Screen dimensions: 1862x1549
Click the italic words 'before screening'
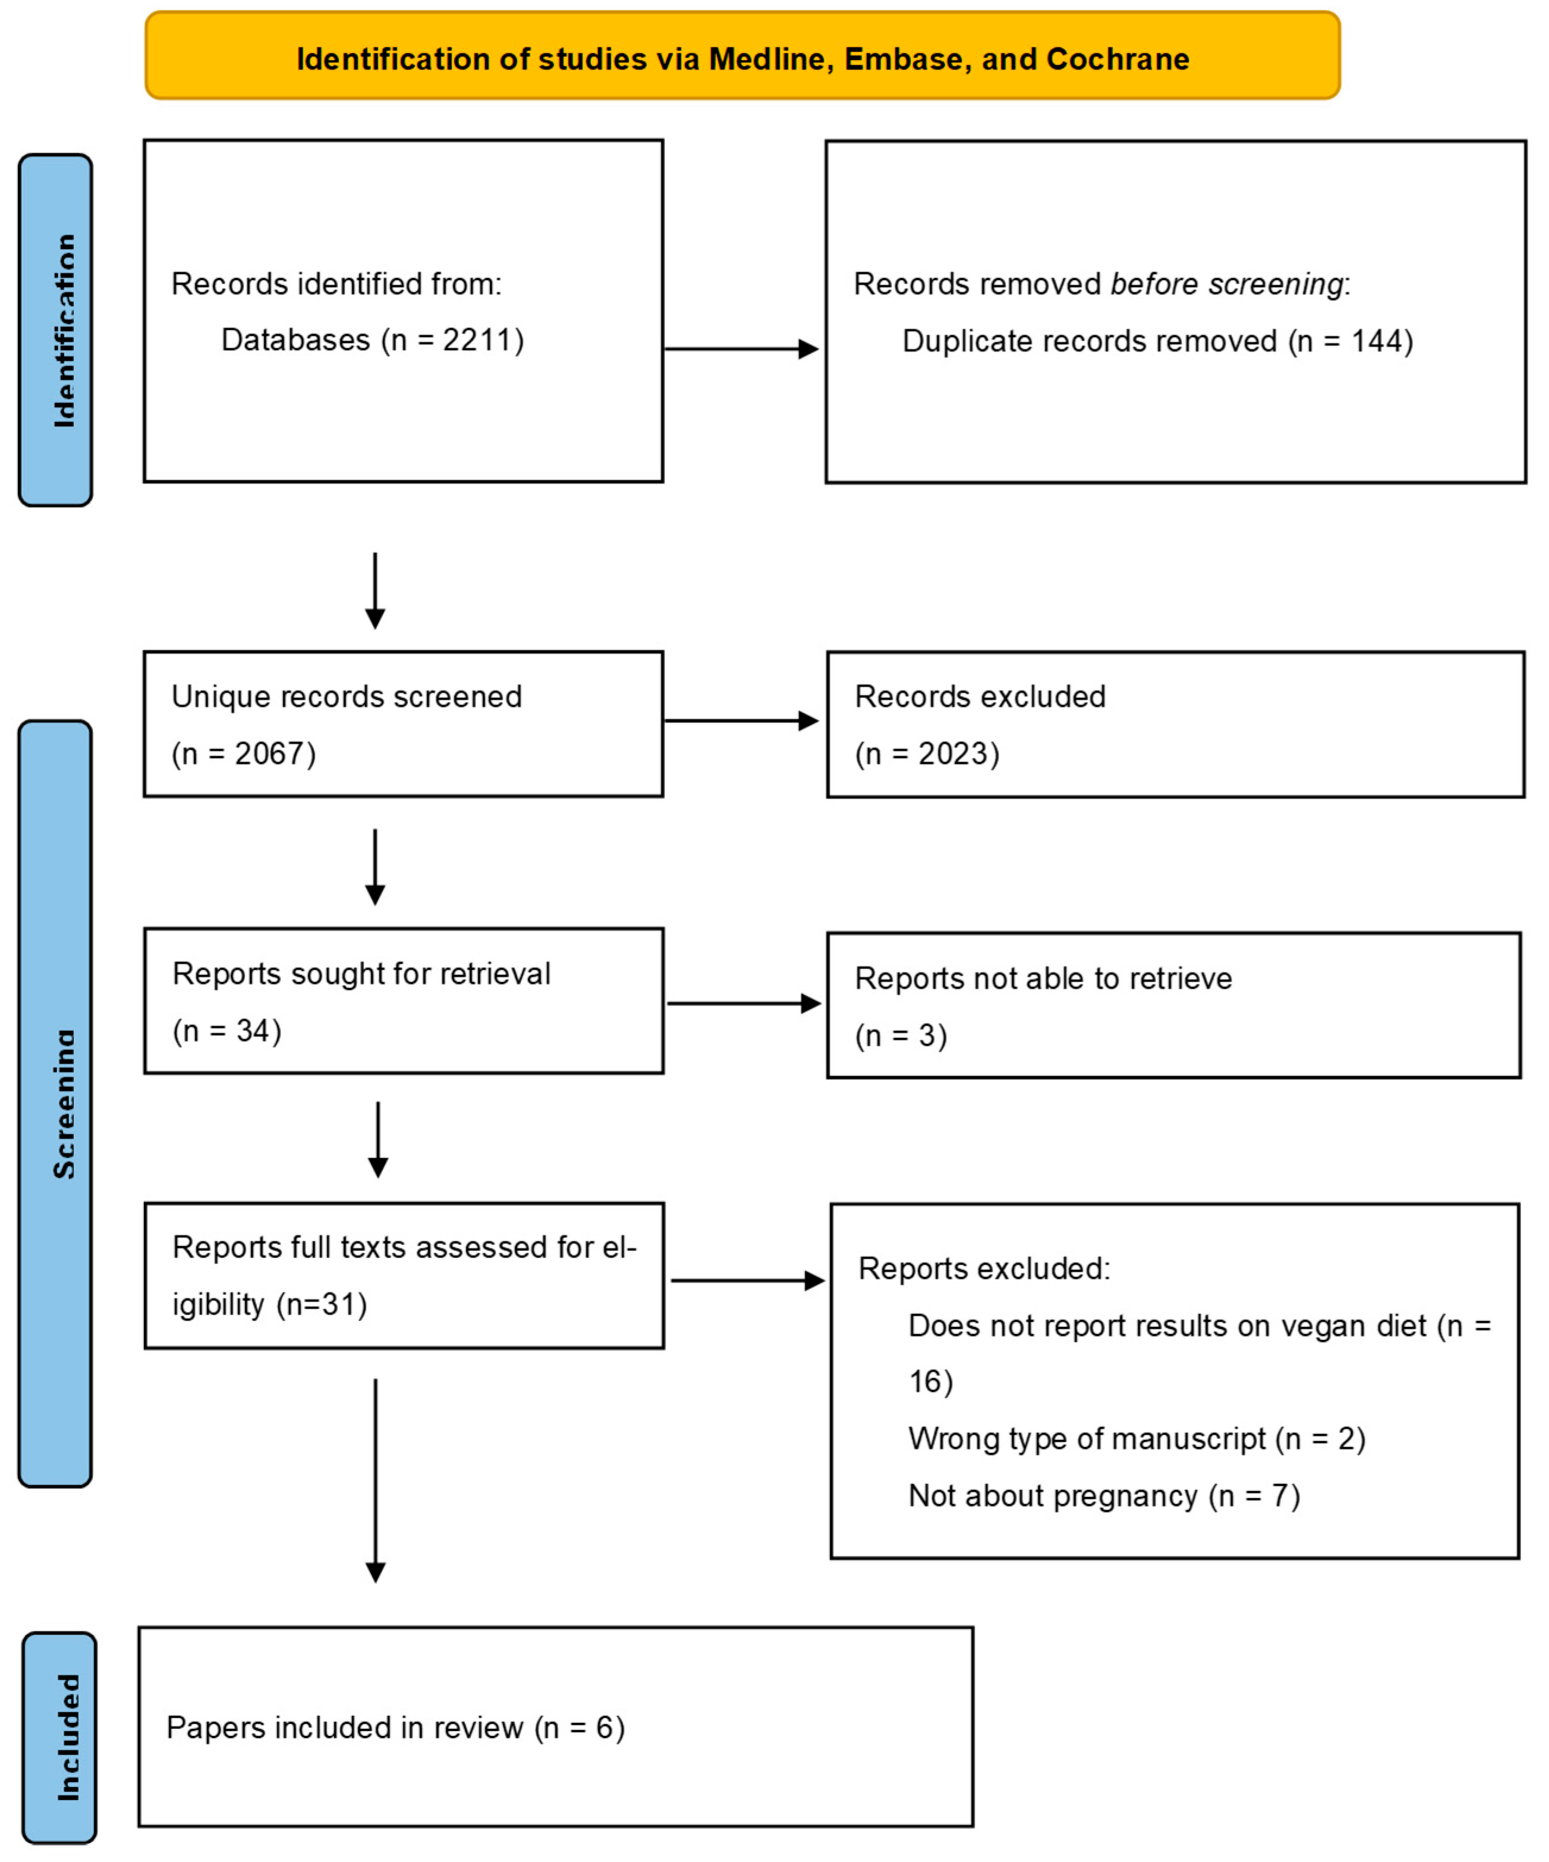pos(1226,285)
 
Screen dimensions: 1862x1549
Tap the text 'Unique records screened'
pos(347,697)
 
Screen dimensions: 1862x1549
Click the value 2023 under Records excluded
pos(952,754)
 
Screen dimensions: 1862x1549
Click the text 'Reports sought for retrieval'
pos(361,974)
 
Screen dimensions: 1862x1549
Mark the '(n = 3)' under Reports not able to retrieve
pos(901,1036)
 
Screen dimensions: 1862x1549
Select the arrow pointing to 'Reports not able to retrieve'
pos(743,1004)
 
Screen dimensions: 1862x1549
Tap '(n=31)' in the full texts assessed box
pos(321,1304)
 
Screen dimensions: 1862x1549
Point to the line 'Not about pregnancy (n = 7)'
pos(1104,1496)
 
